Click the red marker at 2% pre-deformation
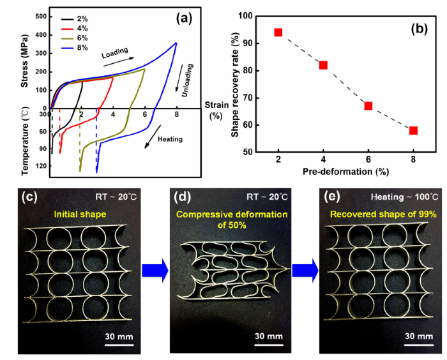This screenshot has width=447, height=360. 278,33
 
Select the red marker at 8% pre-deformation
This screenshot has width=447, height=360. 413,130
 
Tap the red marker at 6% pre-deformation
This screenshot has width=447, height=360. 368,105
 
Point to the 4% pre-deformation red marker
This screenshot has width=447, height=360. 323,65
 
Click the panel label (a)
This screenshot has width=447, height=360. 184,18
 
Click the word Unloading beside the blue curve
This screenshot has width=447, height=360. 188,75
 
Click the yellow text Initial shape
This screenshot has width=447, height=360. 80,214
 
